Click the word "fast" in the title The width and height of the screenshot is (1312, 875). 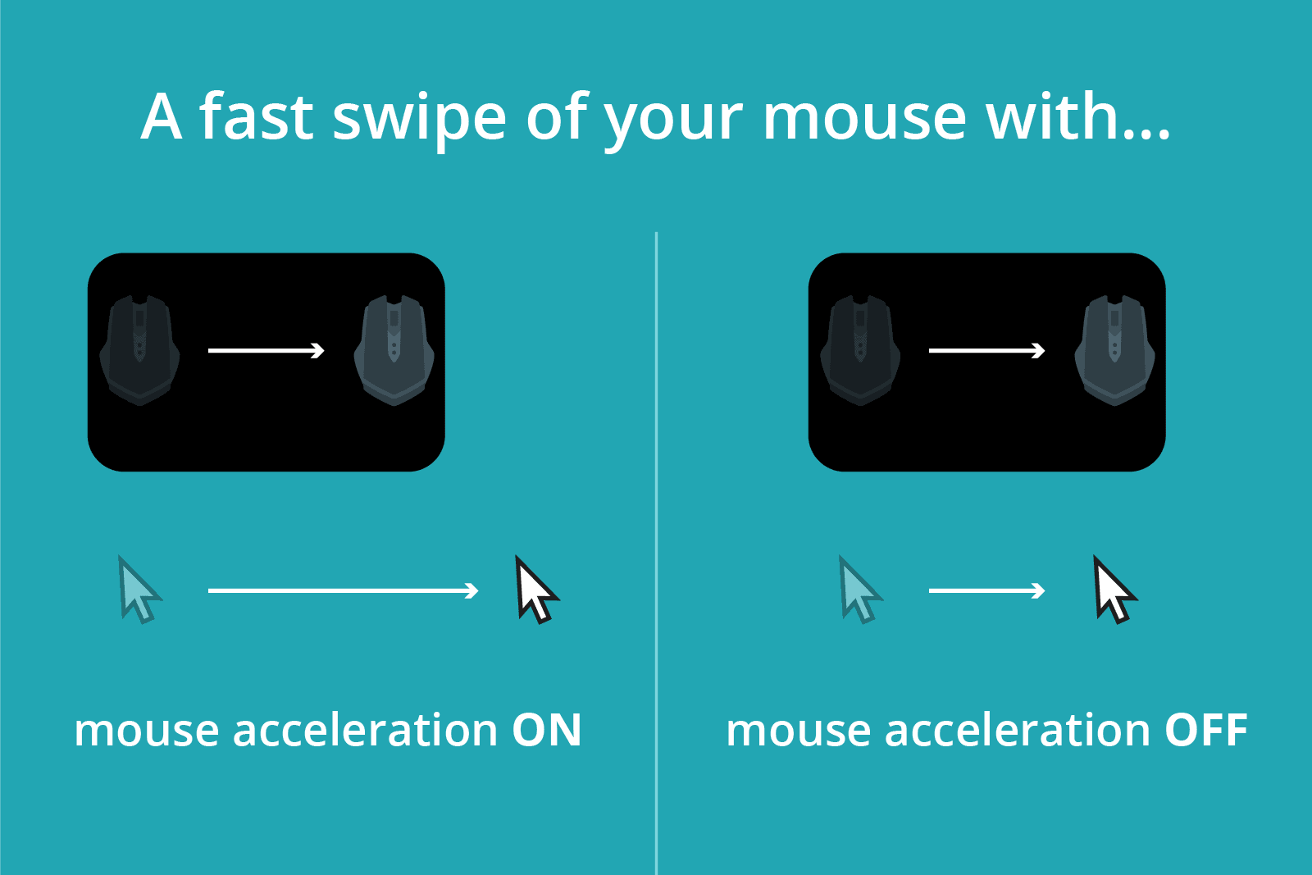(x=256, y=116)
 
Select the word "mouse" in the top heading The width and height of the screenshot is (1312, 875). (x=865, y=117)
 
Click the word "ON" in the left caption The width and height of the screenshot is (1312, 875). (x=547, y=730)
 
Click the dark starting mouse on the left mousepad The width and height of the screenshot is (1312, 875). (x=139, y=350)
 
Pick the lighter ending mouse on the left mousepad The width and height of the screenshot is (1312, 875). (x=394, y=350)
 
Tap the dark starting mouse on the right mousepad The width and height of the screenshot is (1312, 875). (x=860, y=350)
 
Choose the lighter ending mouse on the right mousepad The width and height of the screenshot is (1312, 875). (x=1114, y=350)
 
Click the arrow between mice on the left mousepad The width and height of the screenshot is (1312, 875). (x=266, y=351)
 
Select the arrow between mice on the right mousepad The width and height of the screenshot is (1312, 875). (x=986, y=351)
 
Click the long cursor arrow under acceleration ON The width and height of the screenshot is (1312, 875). (x=343, y=590)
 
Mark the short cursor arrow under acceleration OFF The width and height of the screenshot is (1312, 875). (x=986, y=590)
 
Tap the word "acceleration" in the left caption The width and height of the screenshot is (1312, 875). (x=365, y=730)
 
